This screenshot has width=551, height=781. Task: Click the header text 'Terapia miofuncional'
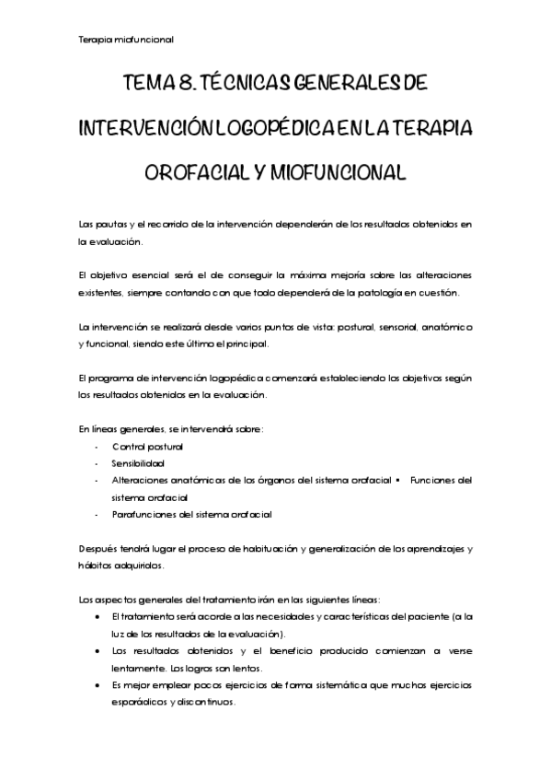pos(126,40)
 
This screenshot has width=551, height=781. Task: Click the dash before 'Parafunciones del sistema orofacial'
pos(97,515)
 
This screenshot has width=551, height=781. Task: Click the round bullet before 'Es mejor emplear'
pos(98,685)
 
